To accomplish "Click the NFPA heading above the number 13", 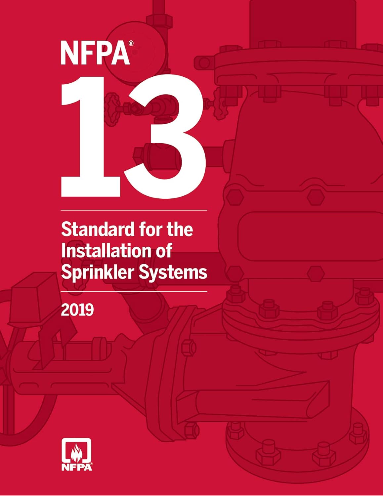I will [x=95, y=53].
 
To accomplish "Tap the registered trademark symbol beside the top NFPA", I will [x=131, y=43].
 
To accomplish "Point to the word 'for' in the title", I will [x=150, y=229].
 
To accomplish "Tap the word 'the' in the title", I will [x=180, y=229].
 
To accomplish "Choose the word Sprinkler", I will [x=97, y=272].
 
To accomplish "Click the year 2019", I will [x=77, y=310].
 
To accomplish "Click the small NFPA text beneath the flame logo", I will [x=76, y=467].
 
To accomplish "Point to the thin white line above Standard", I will [x=134, y=210].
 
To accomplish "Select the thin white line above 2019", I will [x=134, y=292].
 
